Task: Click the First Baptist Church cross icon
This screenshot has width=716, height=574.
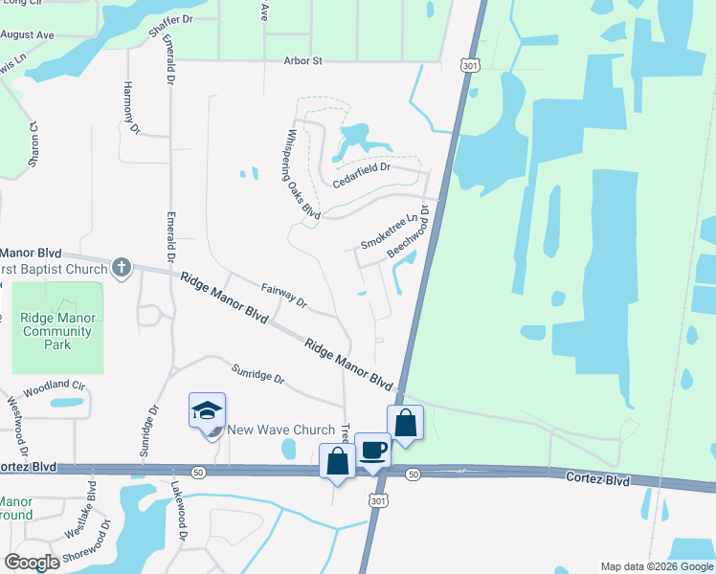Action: pos(121,268)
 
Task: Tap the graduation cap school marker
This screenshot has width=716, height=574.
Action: pos(208,411)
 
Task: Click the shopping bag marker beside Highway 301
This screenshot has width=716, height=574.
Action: pos(405,422)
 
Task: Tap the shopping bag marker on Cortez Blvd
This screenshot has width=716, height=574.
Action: pos(338,463)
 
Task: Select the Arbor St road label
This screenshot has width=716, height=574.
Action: pos(304,60)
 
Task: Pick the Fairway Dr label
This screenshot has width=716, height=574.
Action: pos(283,296)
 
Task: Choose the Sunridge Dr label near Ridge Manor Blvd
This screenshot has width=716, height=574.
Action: pos(258,372)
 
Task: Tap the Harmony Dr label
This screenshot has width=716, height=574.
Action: pos(131,107)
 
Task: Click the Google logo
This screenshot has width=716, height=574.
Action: pos(33,562)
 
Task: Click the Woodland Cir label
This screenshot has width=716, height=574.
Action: pos(55,389)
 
